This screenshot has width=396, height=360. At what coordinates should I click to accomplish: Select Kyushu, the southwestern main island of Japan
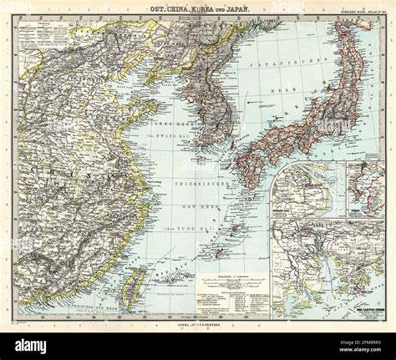pyautogui.click(x=246, y=164)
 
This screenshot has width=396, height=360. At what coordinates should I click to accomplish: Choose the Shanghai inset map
pyautogui.click(x=305, y=190)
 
